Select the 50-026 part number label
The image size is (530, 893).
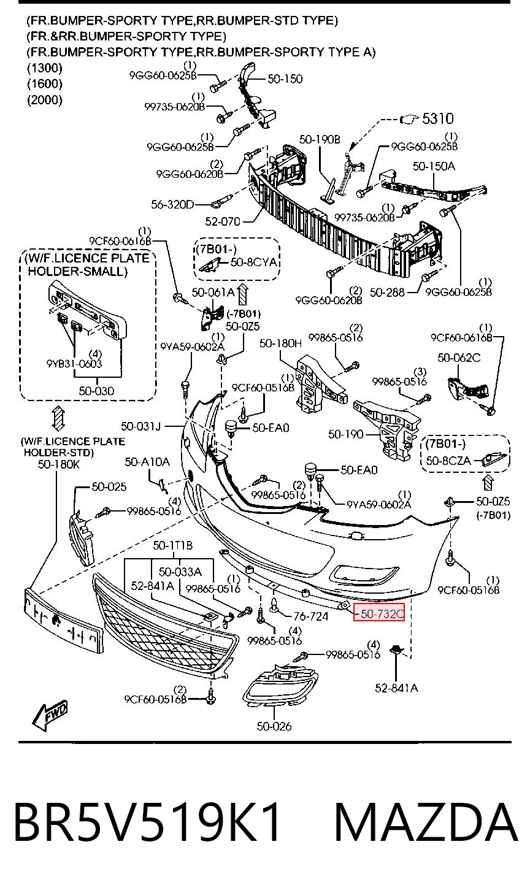click(274, 726)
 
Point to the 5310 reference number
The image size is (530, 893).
click(437, 118)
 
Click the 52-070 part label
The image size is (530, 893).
click(223, 221)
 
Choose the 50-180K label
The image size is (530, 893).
click(59, 464)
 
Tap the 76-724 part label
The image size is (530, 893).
click(310, 617)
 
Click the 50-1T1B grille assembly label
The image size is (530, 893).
click(172, 545)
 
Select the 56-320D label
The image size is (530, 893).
click(172, 204)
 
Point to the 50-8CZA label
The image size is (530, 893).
click(448, 461)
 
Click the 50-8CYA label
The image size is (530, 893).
click(253, 262)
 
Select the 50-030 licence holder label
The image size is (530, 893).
click(96, 391)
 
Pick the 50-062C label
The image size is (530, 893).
click(459, 358)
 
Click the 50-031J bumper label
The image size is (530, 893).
click(140, 427)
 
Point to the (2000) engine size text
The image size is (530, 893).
click(45, 99)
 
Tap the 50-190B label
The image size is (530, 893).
click(320, 139)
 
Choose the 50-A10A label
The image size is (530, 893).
click(147, 462)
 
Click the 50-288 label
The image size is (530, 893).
click(387, 293)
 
